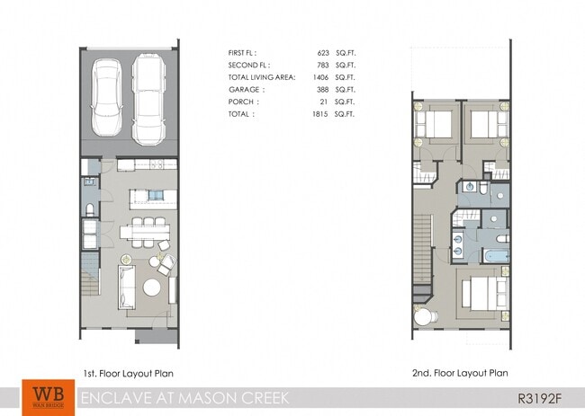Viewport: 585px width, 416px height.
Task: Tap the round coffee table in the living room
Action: pyautogui.click(x=153, y=288)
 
